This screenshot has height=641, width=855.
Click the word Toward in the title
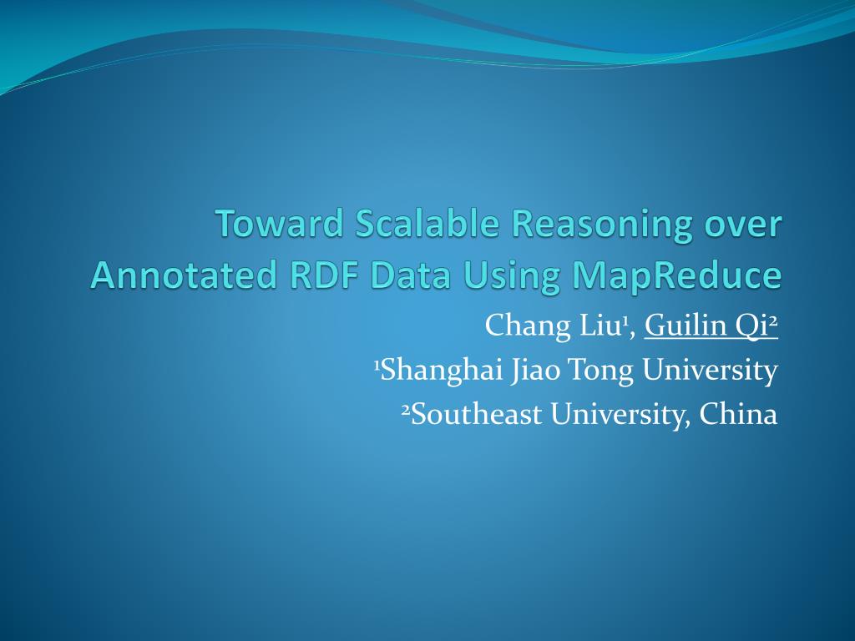[279, 225]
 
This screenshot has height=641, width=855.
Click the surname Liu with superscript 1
[594, 326]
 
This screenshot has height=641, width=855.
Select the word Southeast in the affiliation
[475, 414]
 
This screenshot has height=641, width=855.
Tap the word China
[738, 414]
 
